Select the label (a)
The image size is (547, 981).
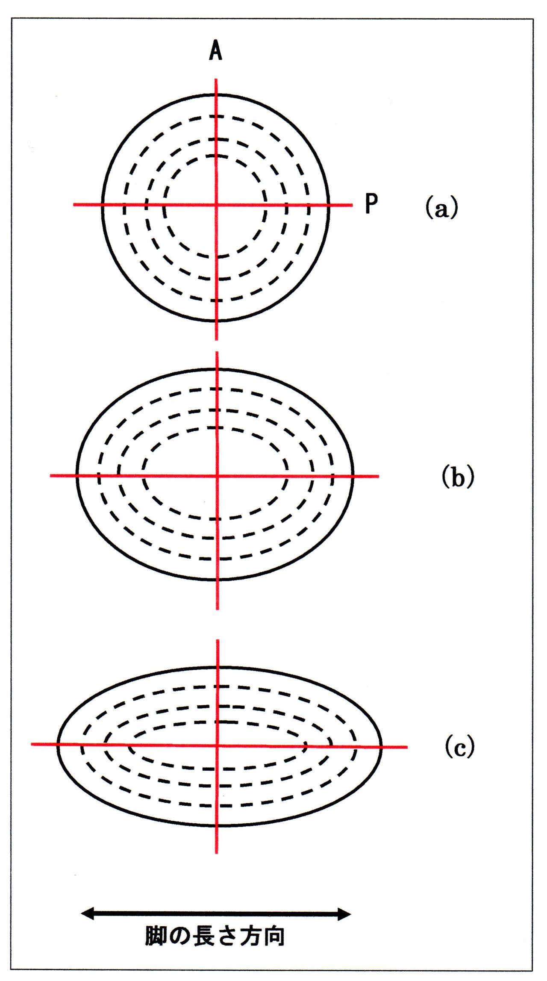coord(441,208)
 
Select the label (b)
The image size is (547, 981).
coord(458,477)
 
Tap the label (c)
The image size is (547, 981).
coord(459,747)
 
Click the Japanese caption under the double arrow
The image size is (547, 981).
coord(215,936)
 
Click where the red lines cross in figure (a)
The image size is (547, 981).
coord(216,205)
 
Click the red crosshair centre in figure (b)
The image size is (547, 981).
coord(218,475)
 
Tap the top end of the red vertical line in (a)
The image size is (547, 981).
coord(216,80)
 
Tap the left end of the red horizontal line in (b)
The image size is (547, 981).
coord(51,475)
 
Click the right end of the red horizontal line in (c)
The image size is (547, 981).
coord(407,747)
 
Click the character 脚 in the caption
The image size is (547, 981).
coord(156,936)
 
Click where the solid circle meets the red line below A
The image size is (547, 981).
coord(216,94)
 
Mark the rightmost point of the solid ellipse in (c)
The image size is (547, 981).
coord(381,747)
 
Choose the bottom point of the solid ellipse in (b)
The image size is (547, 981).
coord(218,580)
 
